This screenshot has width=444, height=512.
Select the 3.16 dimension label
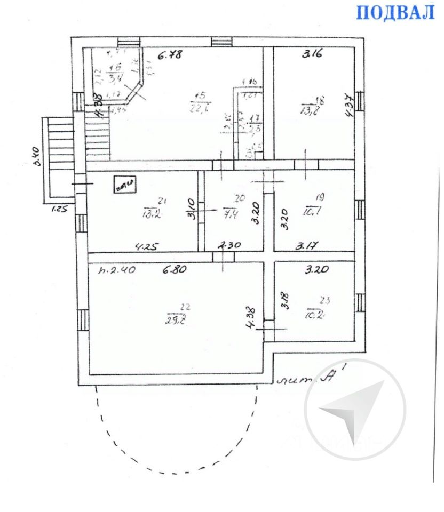tap(312, 53)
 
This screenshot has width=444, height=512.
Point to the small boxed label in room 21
tap(124, 184)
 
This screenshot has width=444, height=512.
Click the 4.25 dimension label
tap(146, 246)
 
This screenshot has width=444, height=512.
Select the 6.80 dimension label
tap(173, 270)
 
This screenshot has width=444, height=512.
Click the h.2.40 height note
tap(117, 270)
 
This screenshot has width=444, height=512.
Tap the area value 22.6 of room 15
tap(199, 108)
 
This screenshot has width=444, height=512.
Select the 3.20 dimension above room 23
tap(316, 270)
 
